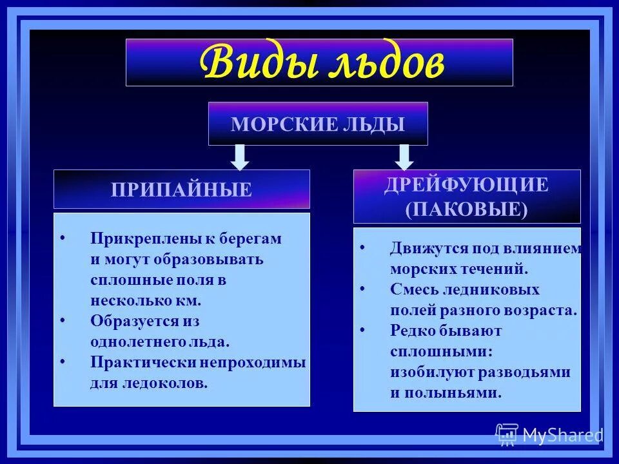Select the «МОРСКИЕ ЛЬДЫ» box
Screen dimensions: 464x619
click(x=318, y=124)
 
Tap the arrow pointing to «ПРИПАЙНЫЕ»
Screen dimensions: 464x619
click(x=240, y=157)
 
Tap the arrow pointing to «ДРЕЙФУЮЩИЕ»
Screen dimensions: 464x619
click(x=404, y=157)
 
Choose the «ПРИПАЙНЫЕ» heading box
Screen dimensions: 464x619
click(x=181, y=189)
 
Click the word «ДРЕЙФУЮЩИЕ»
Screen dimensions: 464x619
click(x=466, y=186)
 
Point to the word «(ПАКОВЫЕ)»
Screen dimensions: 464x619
click(x=466, y=209)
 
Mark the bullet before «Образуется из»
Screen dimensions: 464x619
click(x=62, y=321)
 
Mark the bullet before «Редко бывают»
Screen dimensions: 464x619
click(x=362, y=331)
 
